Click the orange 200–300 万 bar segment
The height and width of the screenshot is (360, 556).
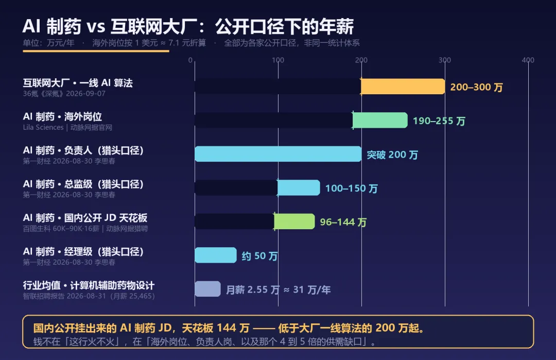[x=403, y=87]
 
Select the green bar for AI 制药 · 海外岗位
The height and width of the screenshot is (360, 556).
[x=380, y=120]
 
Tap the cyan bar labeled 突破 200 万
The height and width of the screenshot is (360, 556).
[x=278, y=154]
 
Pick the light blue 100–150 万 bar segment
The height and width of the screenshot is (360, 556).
[x=299, y=187]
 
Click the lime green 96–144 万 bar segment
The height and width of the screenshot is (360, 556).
[x=294, y=221]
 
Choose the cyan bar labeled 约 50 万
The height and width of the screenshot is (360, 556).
[x=216, y=255]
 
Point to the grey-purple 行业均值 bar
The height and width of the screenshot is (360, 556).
[x=208, y=289]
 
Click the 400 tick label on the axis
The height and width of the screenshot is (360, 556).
[x=528, y=60]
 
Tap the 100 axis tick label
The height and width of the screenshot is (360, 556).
[x=278, y=60]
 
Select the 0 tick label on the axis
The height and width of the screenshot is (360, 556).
[x=190, y=60]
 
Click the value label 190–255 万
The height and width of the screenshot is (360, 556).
[x=439, y=121]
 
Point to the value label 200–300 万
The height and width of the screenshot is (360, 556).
[x=477, y=87]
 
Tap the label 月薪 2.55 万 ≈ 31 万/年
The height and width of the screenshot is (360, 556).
[x=279, y=290]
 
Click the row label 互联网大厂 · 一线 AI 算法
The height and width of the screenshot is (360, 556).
[x=78, y=83]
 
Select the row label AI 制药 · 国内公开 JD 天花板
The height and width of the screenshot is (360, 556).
[x=85, y=218]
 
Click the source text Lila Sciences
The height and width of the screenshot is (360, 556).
[x=43, y=127]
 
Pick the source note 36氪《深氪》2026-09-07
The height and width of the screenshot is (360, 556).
[x=64, y=94]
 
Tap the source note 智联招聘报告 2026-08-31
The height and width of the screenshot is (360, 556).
[x=64, y=296]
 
